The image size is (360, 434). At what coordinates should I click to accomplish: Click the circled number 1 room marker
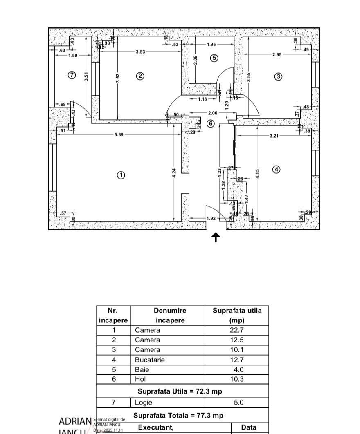point(121,175)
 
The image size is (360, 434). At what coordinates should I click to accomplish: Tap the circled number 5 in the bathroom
point(214,58)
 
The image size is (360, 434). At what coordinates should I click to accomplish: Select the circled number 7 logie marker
point(72,75)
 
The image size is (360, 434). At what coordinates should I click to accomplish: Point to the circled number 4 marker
point(277,169)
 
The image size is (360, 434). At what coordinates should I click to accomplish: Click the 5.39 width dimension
point(119,134)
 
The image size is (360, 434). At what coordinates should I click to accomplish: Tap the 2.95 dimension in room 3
point(277,54)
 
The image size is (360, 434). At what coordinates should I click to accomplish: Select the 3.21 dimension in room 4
point(274,136)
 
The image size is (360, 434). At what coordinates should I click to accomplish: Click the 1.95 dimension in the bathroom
point(211,45)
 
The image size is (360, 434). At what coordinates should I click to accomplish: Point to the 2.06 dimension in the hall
point(213,113)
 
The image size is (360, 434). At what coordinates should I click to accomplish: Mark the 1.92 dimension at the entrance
point(211,219)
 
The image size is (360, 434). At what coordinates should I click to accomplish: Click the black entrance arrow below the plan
point(216,237)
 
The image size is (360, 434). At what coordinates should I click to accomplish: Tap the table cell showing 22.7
point(236,330)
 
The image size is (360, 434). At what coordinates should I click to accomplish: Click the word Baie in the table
point(142,370)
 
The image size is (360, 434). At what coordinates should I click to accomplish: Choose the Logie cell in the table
point(144,403)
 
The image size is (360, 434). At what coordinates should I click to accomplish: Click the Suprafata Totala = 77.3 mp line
point(178,416)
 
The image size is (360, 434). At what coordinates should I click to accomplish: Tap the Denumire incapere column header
point(170,315)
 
